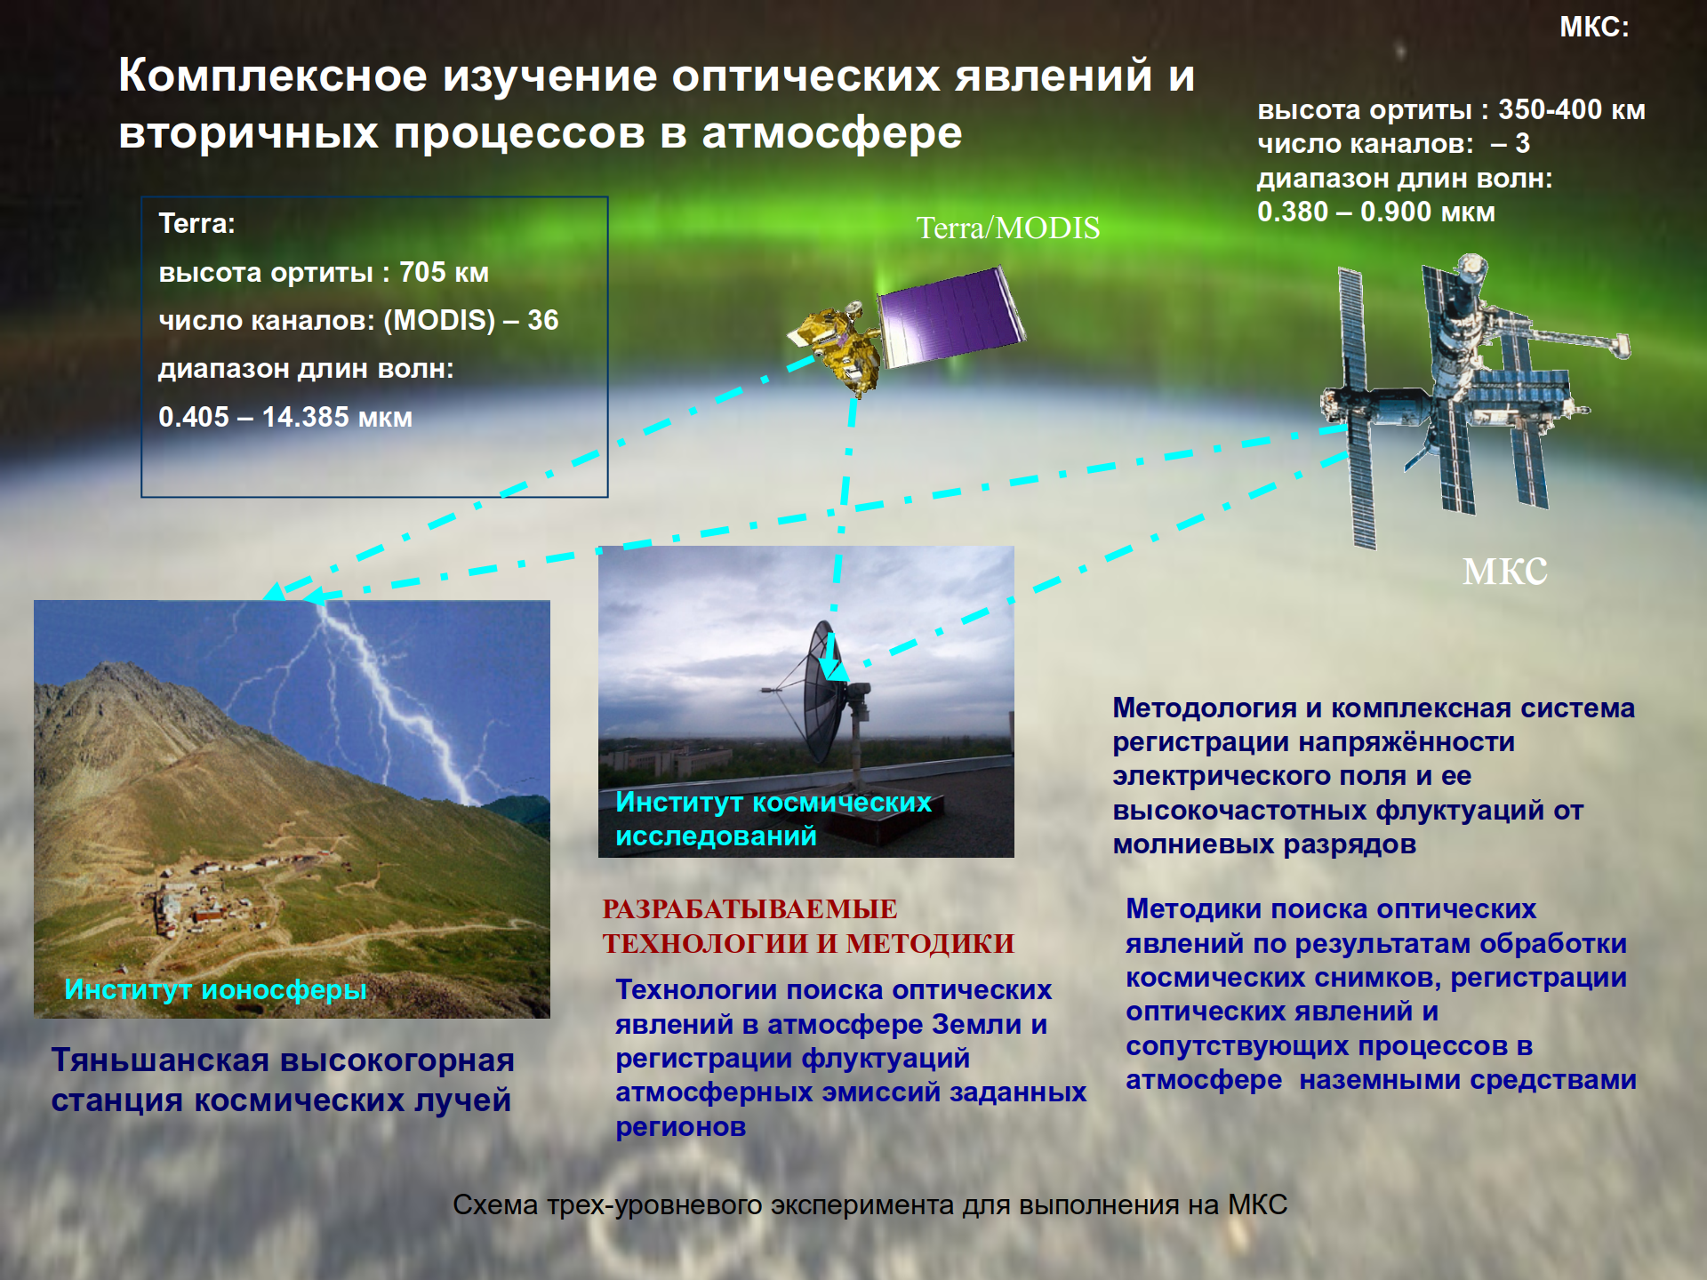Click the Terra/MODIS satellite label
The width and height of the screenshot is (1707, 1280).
(x=1008, y=228)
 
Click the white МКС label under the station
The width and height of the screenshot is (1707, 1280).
(x=1505, y=572)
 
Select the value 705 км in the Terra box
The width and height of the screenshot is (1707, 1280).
(x=444, y=272)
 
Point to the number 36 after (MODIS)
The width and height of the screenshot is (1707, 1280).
(x=542, y=320)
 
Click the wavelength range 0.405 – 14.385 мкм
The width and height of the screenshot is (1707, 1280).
(x=285, y=417)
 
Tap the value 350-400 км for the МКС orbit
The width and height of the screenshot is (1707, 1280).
(x=1572, y=109)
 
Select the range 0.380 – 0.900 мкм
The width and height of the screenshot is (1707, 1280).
(x=1376, y=212)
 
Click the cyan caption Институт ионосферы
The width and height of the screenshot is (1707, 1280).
(x=215, y=989)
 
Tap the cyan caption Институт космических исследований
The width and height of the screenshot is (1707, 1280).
(x=773, y=819)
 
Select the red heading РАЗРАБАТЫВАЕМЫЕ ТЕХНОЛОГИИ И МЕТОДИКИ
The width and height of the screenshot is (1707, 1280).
(x=808, y=926)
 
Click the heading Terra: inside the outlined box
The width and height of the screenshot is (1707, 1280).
(x=196, y=223)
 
